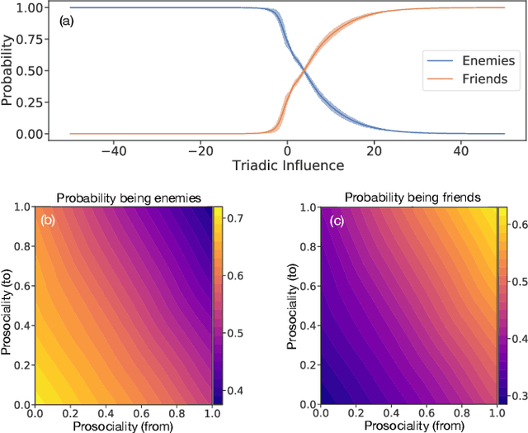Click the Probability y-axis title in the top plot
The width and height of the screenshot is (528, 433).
8,70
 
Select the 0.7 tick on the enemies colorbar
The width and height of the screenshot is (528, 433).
237,219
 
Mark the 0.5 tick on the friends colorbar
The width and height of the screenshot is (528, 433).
511,283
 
